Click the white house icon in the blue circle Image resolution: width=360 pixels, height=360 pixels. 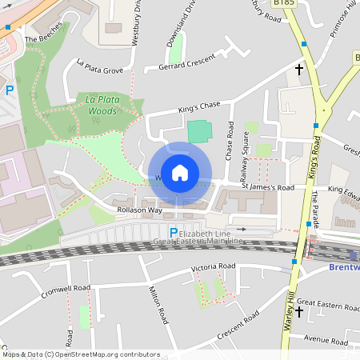tap(180, 172)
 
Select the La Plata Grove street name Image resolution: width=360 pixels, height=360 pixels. tap(100, 66)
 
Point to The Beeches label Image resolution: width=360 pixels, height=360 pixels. tap(42, 38)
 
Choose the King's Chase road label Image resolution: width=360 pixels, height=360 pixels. tap(198, 106)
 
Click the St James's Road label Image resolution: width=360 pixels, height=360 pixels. tap(268, 187)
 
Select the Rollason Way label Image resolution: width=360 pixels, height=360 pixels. tap(139, 210)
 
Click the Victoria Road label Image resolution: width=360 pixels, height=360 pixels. tap(213, 266)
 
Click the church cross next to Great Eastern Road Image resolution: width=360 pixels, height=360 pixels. tap(300, 311)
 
